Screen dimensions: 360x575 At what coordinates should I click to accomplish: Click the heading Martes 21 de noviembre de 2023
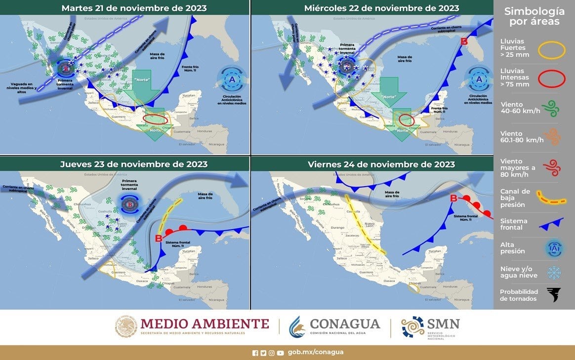134,8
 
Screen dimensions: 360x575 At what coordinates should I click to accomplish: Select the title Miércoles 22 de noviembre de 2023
381,8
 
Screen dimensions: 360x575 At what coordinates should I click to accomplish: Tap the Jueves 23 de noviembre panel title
134,164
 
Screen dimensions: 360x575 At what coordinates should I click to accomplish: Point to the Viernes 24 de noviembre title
381,164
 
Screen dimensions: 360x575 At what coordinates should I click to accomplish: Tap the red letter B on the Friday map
453,199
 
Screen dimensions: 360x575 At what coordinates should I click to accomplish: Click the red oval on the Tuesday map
155,119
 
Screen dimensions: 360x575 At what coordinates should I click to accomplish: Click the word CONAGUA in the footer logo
345,324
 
